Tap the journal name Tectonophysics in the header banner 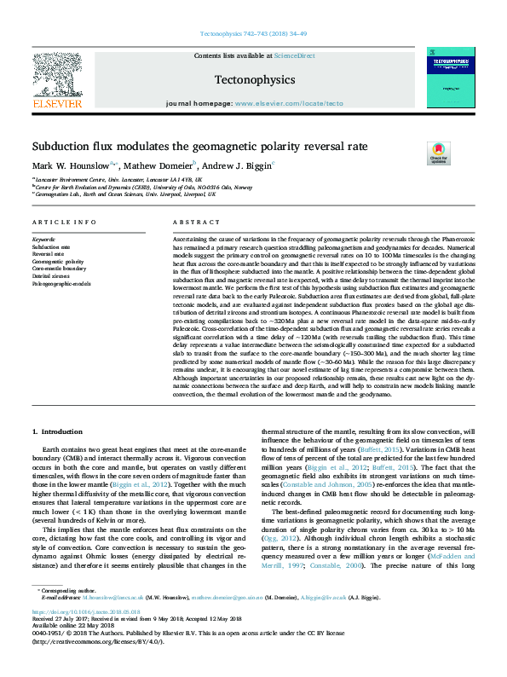pos(255,79)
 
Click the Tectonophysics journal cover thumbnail pos(450,78)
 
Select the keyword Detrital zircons pos(53,275)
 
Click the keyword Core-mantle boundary pos(59,269)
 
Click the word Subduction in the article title pos(66,146)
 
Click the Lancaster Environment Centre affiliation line pos(119,181)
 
